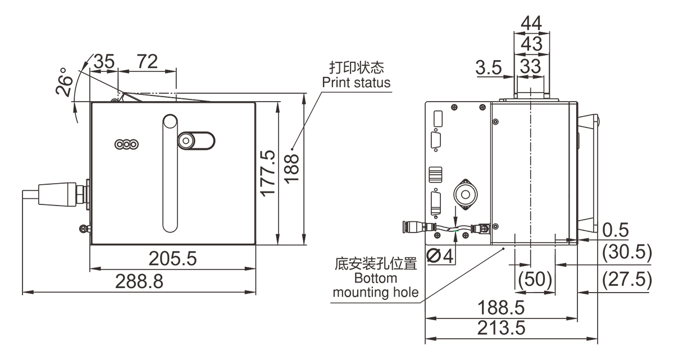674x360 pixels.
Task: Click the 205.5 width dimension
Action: click(x=172, y=259)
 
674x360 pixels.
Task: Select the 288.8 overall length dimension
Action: click(x=139, y=282)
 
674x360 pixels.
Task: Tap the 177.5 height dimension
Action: click(x=268, y=173)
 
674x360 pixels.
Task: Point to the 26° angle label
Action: click(x=65, y=83)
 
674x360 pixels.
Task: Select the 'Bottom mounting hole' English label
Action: click(x=376, y=285)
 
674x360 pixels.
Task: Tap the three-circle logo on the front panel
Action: click(x=126, y=144)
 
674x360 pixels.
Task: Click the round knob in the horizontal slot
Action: click(x=186, y=140)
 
